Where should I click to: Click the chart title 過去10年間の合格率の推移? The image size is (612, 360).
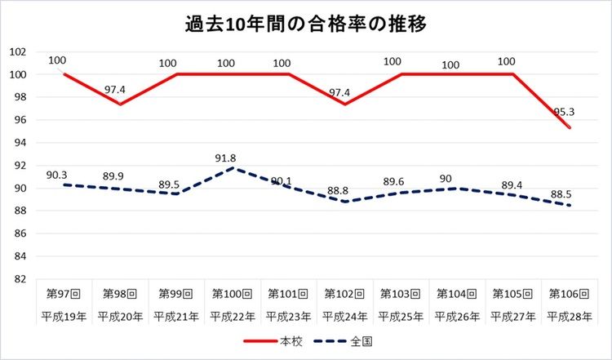click(306, 23)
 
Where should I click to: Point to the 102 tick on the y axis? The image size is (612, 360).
click(18, 51)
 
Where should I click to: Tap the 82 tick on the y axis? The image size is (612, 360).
click(20, 279)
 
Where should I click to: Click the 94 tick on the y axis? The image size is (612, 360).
click(20, 142)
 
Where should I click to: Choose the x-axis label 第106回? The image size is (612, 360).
click(570, 292)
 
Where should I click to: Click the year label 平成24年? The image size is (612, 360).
click(344, 316)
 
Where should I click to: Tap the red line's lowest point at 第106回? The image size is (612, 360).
click(570, 128)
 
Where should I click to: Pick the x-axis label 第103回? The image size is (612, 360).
click(401, 292)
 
